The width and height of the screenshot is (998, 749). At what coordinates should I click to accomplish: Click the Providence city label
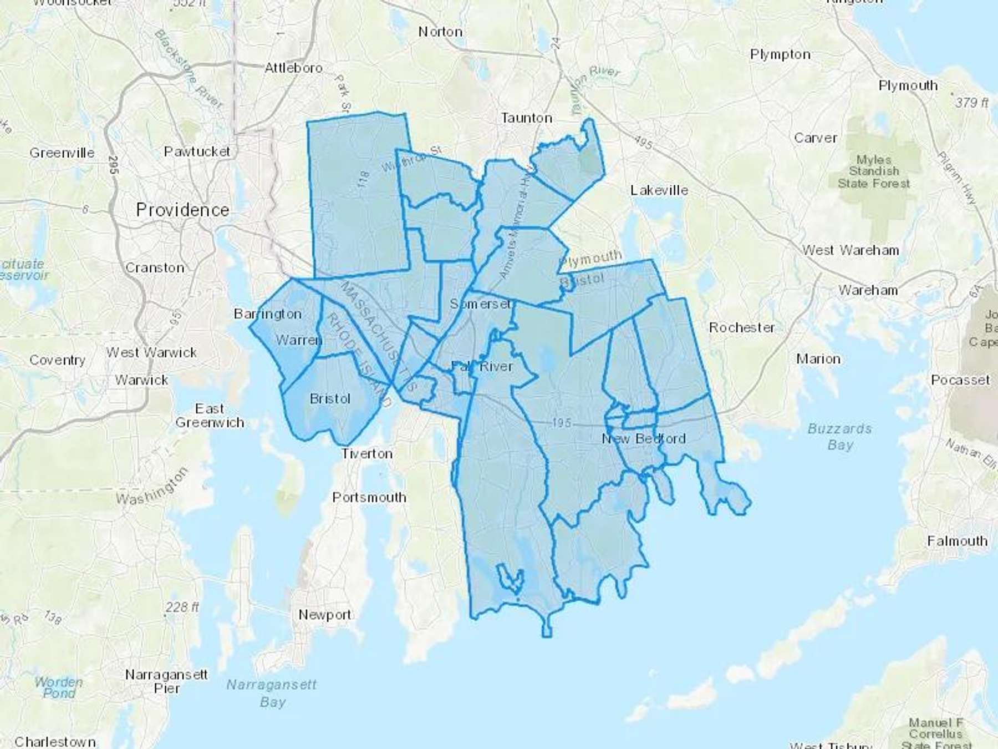(182, 210)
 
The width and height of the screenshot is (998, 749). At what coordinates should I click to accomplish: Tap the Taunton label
(526, 118)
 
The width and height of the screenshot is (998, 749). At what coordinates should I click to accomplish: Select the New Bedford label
(644, 438)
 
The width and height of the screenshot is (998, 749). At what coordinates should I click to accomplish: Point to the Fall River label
(482, 366)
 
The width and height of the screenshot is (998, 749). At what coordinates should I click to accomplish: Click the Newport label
(324, 614)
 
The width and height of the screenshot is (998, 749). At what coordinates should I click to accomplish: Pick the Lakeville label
(659, 190)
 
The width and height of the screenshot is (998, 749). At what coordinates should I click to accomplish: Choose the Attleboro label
(293, 68)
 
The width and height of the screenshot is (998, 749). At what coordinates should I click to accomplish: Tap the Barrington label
(268, 314)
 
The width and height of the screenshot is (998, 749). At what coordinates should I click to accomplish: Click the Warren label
(298, 340)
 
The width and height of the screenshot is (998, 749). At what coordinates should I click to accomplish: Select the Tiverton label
(366, 454)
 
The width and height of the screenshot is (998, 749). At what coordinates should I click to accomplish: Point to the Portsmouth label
(369, 497)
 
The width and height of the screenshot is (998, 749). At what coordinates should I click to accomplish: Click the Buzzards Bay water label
(839, 437)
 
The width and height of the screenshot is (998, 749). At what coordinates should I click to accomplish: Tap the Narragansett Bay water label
(272, 693)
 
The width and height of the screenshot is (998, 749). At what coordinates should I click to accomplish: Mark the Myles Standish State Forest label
(874, 171)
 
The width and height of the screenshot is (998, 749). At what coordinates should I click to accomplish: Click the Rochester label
(741, 327)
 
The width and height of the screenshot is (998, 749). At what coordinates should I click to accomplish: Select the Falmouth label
(957, 541)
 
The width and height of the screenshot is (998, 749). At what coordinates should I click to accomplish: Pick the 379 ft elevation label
(971, 103)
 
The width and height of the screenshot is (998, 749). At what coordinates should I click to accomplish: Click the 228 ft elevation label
(182, 607)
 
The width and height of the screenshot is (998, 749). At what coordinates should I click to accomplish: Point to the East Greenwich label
(210, 416)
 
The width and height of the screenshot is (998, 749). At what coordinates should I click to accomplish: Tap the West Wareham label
(851, 250)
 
